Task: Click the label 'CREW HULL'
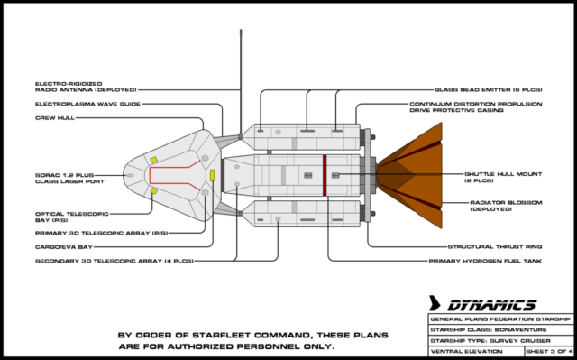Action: [55, 118]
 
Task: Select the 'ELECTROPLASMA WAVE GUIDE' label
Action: [88, 104]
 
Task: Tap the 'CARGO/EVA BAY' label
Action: [64, 247]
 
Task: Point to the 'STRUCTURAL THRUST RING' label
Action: [495, 247]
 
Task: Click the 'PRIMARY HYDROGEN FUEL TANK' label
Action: [485, 261]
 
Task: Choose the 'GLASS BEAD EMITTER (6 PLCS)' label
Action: [489, 90]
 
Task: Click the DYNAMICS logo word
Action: [492, 305]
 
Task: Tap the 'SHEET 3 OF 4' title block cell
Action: [549, 351]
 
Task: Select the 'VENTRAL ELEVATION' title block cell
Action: [477, 351]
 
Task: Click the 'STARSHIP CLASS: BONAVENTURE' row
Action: [500, 330]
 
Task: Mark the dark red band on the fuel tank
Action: [325, 175]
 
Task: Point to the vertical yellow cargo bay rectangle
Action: [213, 175]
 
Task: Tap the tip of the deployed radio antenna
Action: [241, 30]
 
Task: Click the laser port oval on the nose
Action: [130, 175]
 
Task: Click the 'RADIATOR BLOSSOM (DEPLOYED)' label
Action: [506, 206]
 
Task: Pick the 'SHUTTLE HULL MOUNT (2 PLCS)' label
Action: [503, 178]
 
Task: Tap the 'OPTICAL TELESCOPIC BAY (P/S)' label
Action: [72, 217]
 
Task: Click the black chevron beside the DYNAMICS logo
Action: [435, 303]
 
